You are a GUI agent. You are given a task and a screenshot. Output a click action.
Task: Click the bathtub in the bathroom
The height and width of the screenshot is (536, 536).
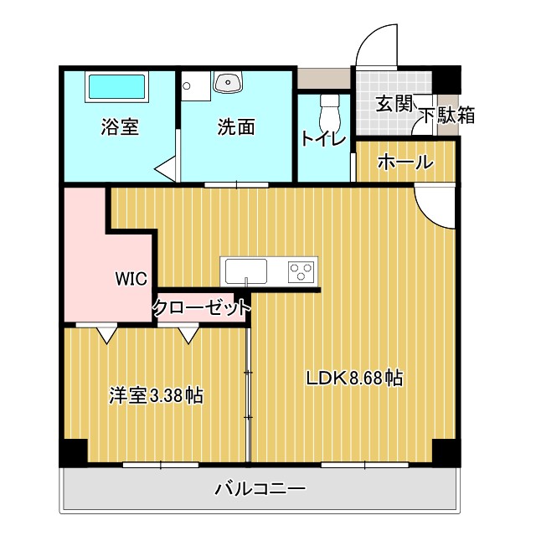[117, 87]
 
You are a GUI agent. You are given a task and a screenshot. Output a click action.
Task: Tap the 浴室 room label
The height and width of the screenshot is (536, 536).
[120, 127]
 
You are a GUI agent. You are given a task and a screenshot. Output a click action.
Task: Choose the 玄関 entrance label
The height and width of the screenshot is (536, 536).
[393, 105]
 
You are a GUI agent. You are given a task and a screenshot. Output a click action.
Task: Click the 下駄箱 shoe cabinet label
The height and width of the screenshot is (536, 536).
[446, 116]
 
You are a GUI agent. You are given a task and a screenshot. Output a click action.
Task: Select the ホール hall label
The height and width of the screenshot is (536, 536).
[405, 162]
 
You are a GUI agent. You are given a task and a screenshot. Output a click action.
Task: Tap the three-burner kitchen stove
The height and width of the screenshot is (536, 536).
[301, 271]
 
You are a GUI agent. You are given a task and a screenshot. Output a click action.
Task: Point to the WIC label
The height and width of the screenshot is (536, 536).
[131, 278]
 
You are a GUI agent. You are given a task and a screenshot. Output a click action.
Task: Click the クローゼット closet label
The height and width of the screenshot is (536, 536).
[202, 307]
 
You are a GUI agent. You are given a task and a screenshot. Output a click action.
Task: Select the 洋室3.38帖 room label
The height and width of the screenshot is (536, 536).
[156, 395]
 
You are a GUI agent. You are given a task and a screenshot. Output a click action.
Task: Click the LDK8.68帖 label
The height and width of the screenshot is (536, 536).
[354, 378]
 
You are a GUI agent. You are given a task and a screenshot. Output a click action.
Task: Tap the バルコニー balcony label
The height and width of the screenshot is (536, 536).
[260, 487]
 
